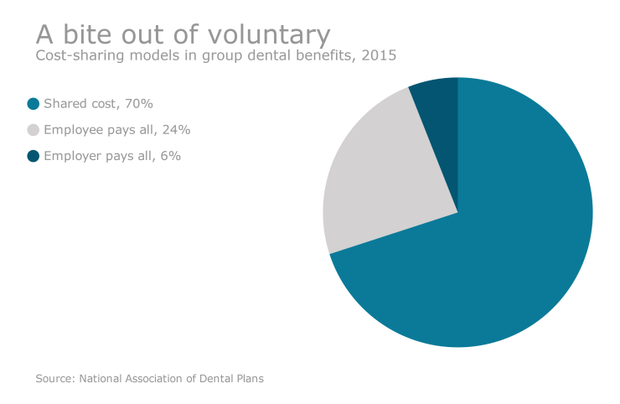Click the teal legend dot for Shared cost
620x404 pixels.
(34, 104)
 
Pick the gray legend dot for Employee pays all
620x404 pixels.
(34, 130)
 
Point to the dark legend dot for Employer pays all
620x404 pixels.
(34, 156)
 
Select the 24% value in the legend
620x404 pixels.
(176, 130)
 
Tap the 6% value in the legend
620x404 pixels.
(171, 156)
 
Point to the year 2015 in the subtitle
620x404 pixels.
(380, 56)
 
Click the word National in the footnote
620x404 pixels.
(102, 379)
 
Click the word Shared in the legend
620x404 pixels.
(64, 104)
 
